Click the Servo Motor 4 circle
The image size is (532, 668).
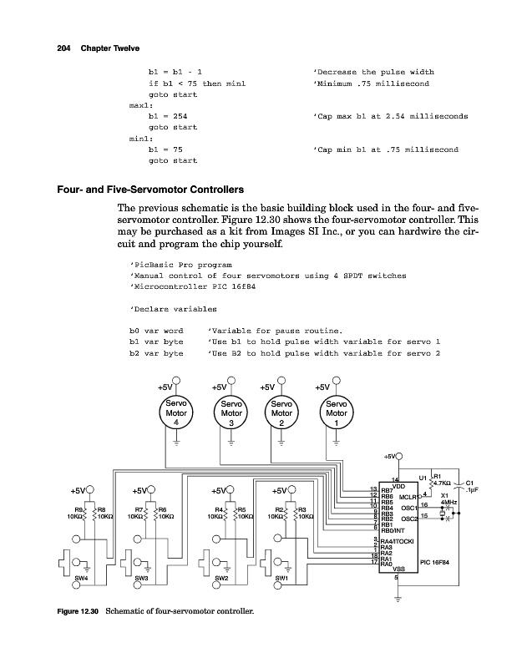click(176, 413)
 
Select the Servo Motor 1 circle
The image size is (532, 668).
click(337, 413)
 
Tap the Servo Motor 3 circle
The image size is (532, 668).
click(231, 413)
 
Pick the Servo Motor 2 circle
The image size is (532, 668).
click(282, 413)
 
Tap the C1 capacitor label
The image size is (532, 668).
click(469, 483)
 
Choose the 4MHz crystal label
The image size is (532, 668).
click(449, 502)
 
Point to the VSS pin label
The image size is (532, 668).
click(399, 569)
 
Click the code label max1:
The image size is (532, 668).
click(139, 106)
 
